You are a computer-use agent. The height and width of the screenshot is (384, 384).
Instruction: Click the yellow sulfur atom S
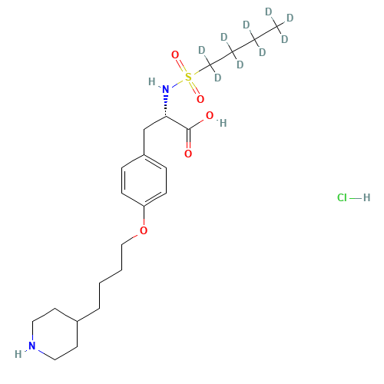tap(188, 77)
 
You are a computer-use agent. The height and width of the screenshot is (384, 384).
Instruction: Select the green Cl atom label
tap(342, 197)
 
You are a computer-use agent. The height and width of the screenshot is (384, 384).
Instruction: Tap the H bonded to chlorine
tap(366, 197)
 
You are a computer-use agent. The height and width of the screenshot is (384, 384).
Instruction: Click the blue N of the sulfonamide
tap(166, 89)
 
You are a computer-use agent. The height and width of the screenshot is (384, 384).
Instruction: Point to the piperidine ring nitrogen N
tap(32, 346)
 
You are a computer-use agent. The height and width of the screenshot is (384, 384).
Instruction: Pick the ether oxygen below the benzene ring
tap(144, 230)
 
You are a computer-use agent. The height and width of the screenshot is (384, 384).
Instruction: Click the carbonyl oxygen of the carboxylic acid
tap(188, 154)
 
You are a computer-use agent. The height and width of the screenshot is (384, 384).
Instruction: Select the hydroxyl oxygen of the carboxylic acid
tap(210, 115)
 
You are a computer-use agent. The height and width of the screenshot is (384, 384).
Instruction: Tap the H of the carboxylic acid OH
tap(223, 123)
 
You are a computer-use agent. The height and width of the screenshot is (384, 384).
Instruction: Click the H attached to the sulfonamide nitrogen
tap(152, 81)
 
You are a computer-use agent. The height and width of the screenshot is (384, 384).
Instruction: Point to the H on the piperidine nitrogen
tap(18, 354)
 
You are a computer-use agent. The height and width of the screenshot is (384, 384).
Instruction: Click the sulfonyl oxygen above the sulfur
tap(175, 55)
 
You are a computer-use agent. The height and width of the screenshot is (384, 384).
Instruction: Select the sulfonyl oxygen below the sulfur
tap(200, 99)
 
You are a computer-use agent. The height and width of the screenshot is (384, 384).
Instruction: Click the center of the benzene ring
tap(144, 180)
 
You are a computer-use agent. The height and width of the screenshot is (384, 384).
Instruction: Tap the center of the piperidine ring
tap(55, 334)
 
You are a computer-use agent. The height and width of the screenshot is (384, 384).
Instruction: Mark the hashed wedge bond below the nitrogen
tap(166, 106)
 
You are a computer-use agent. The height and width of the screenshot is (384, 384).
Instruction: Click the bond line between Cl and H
tap(356, 198)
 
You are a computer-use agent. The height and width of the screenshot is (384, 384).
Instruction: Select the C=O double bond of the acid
tap(188, 139)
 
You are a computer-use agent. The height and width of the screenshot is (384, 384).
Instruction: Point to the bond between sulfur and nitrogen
tap(177, 83)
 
